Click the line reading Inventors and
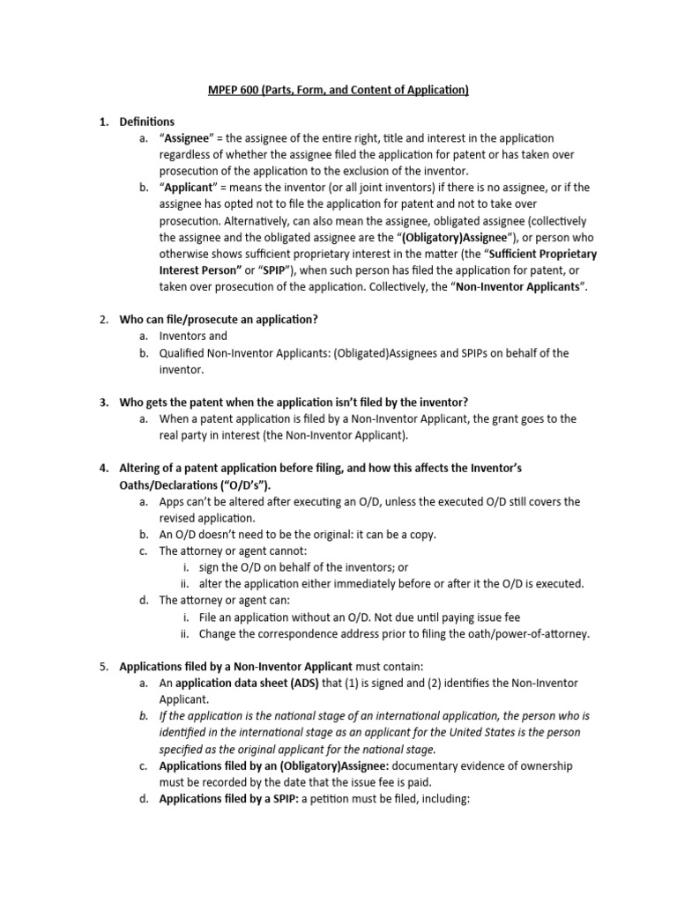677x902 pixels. pyautogui.click(x=193, y=336)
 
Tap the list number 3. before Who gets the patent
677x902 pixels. pyautogui.click(x=103, y=403)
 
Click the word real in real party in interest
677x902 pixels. pyautogui.click(x=171, y=435)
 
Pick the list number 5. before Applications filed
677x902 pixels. pyautogui.click(x=103, y=667)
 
